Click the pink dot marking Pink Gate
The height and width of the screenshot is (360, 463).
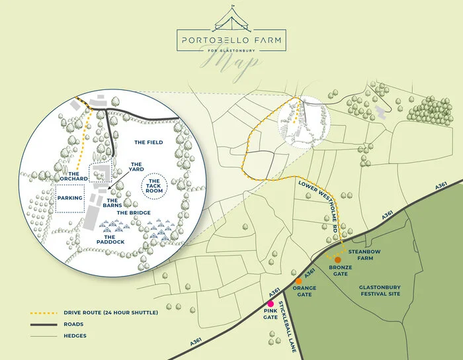coord(271,304)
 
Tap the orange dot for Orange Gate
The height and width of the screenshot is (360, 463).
coord(299,281)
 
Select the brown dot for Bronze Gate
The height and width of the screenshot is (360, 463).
coord(338,259)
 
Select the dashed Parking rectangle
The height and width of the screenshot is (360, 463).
coord(69,197)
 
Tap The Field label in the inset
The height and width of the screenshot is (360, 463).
coord(148,142)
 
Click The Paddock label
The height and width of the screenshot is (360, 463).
coord(114,240)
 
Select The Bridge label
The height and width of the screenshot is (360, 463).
coord(134,212)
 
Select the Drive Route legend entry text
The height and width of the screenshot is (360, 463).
coord(110,312)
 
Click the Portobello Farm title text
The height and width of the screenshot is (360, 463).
coord(232,39)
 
